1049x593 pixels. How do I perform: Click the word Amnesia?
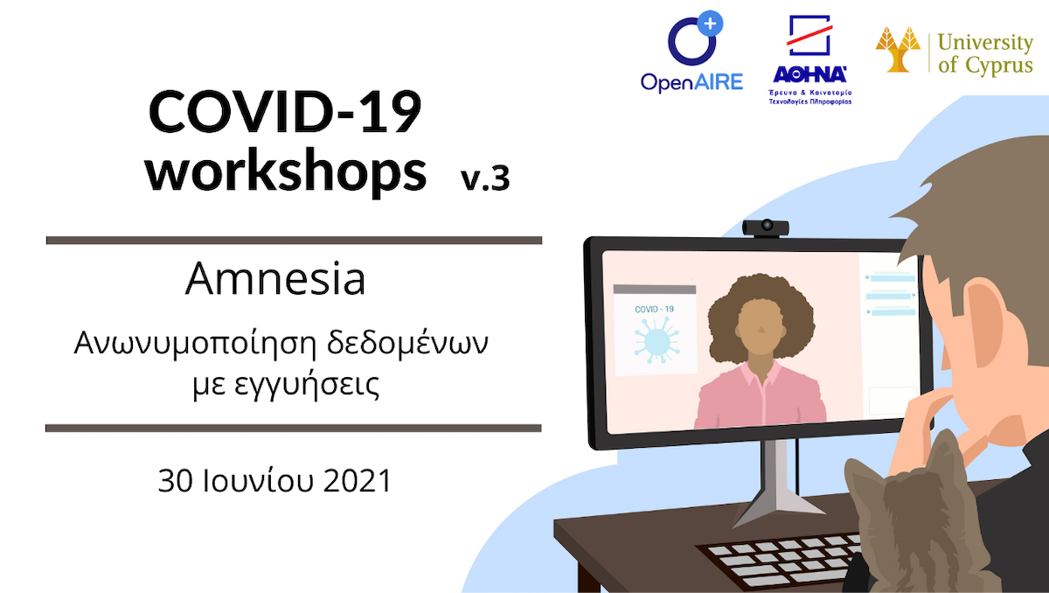click(274, 279)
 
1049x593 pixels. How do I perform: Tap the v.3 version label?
click(485, 178)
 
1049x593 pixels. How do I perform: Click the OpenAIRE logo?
click(692, 52)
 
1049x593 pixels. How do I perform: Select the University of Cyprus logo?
click(955, 52)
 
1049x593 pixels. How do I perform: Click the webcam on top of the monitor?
click(766, 228)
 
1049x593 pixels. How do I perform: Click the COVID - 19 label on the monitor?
click(654, 309)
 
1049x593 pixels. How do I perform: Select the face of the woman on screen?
click(761, 327)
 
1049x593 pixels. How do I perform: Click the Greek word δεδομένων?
click(407, 344)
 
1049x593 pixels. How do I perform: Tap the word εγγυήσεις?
click(306, 386)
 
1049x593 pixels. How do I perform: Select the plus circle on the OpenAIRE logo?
click(710, 24)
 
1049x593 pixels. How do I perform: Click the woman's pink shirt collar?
click(761, 373)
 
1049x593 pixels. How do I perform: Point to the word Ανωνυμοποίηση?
click(195, 344)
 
